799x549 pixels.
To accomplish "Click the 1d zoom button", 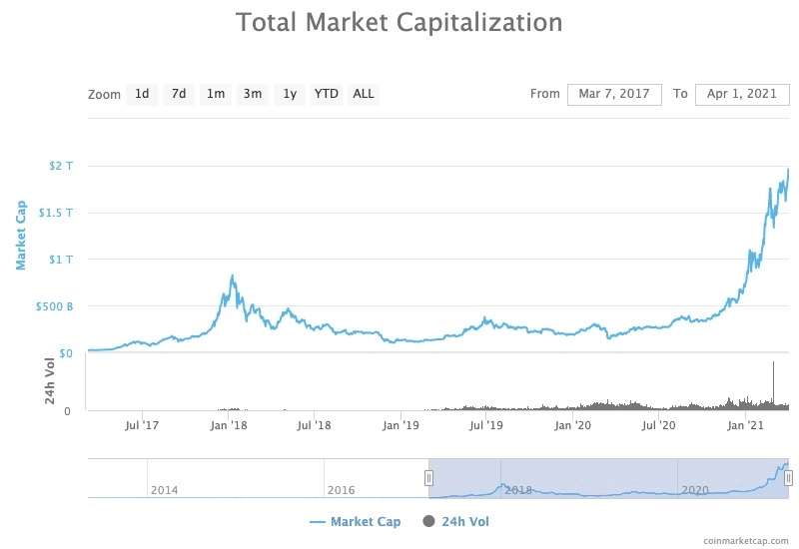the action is pos(142,94).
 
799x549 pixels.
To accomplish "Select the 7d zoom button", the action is pos(179,94).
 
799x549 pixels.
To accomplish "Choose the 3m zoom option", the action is pos(253,94).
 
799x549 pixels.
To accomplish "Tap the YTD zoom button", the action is pos(327,94).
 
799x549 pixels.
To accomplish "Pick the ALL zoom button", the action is pos(364,94).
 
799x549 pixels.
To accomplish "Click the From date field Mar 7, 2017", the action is pos(614,94).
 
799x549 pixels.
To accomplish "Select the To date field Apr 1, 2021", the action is pos(742,94).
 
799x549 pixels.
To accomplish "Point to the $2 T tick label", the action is pos(61,166).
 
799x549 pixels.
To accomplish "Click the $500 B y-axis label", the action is pos(54,306).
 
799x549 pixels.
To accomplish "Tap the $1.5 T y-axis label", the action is pos(56,213).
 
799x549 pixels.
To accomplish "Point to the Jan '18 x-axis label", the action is pos(229,425).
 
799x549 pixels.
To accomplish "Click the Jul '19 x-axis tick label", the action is pos(486,425).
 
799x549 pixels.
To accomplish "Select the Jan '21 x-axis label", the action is pos(745,425).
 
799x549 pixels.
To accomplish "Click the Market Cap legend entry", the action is pos(356,522).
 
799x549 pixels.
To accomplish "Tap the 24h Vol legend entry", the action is pos(455,521).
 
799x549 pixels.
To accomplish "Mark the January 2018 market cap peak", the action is pos(233,276).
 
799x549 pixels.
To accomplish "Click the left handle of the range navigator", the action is pos(429,478).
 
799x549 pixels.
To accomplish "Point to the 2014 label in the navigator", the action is pos(165,490).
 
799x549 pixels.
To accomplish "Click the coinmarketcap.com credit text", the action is pos(745,541).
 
